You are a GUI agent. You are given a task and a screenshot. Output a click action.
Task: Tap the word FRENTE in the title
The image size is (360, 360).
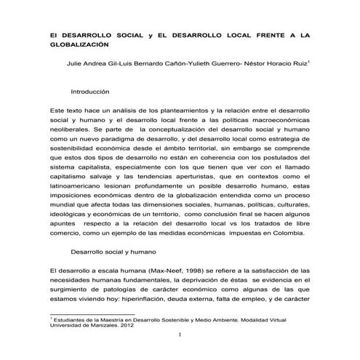click(258, 34)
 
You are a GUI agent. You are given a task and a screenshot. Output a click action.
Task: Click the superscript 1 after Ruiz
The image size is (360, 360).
click(310, 60)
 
